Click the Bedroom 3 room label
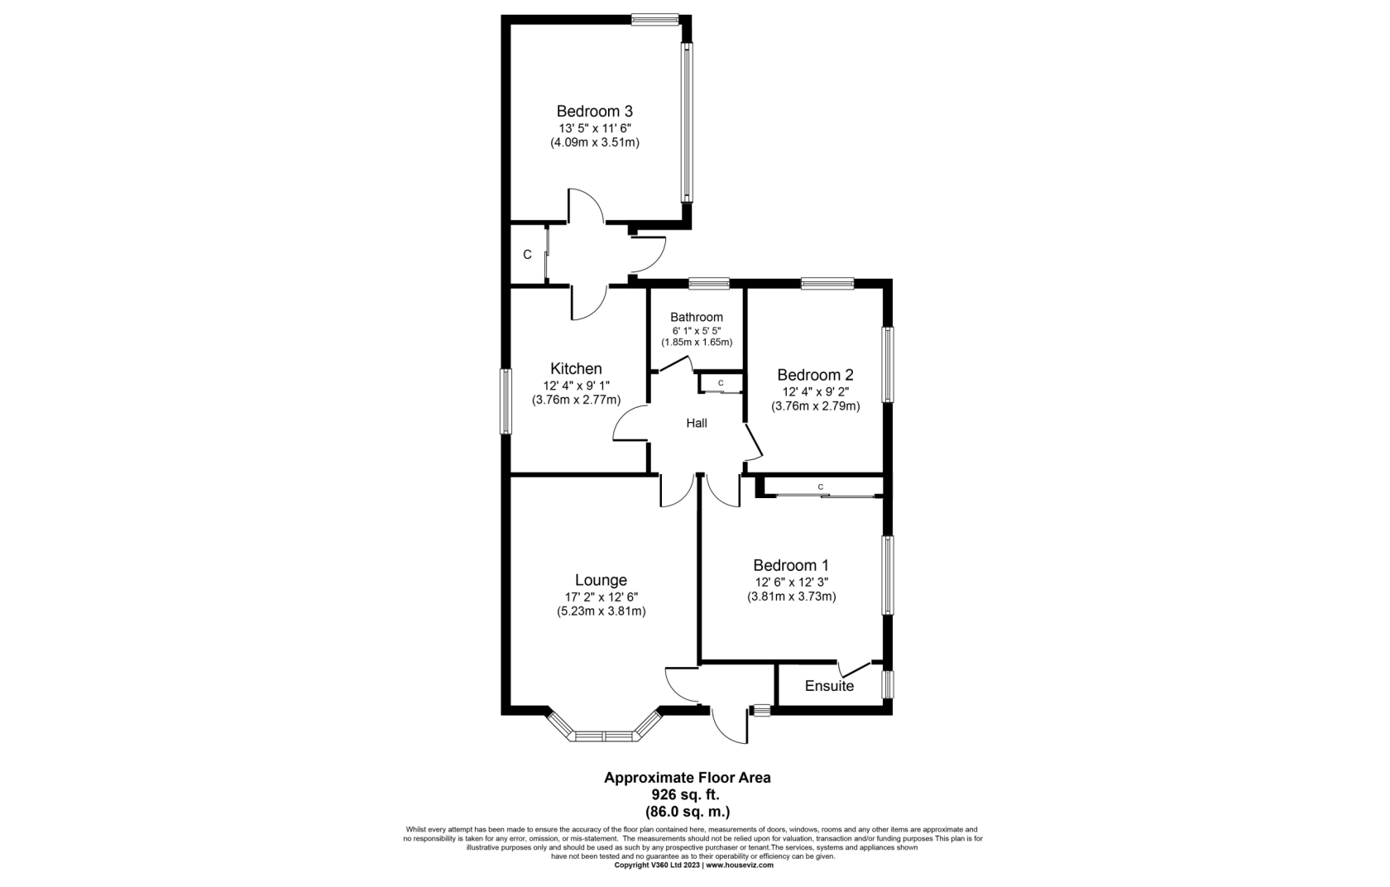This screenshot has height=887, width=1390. tap(594, 111)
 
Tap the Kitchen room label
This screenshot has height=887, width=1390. tap(576, 368)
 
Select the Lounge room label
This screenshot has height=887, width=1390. tap(601, 580)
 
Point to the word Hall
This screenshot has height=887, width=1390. tap(697, 424)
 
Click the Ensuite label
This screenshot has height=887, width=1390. tap(829, 686)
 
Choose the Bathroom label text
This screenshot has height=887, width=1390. tap(697, 317)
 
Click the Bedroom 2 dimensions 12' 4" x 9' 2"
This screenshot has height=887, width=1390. tap(816, 391)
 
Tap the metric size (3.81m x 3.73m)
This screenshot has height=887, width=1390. tap(791, 597)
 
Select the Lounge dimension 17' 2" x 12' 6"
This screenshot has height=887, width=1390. tap(601, 597)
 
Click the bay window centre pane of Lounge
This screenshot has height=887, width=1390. tap(604, 736)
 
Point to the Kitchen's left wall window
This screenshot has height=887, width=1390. tap(506, 401)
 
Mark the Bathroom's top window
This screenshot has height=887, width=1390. tap(708, 284)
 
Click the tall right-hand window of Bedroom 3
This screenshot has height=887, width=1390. tap(687, 122)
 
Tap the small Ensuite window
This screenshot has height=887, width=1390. tap(888, 684)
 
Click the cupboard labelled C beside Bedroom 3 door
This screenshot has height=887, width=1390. tap(528, 255)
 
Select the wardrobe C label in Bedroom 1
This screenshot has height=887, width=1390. tap(821, 487)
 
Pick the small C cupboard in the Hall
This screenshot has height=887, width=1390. tap(721, 384)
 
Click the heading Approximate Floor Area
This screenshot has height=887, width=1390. tap(688, 777)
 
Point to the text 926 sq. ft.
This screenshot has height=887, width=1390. tap(685, 794)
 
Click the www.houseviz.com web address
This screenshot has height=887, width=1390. tap(740, 865)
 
